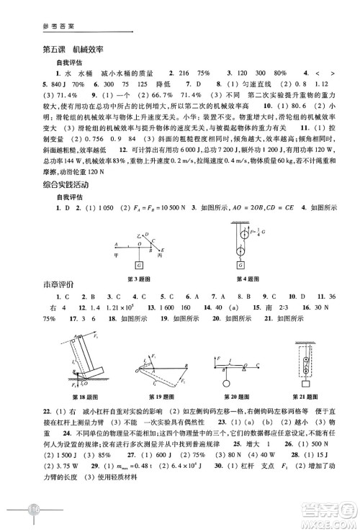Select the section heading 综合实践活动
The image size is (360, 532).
point(64,187)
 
